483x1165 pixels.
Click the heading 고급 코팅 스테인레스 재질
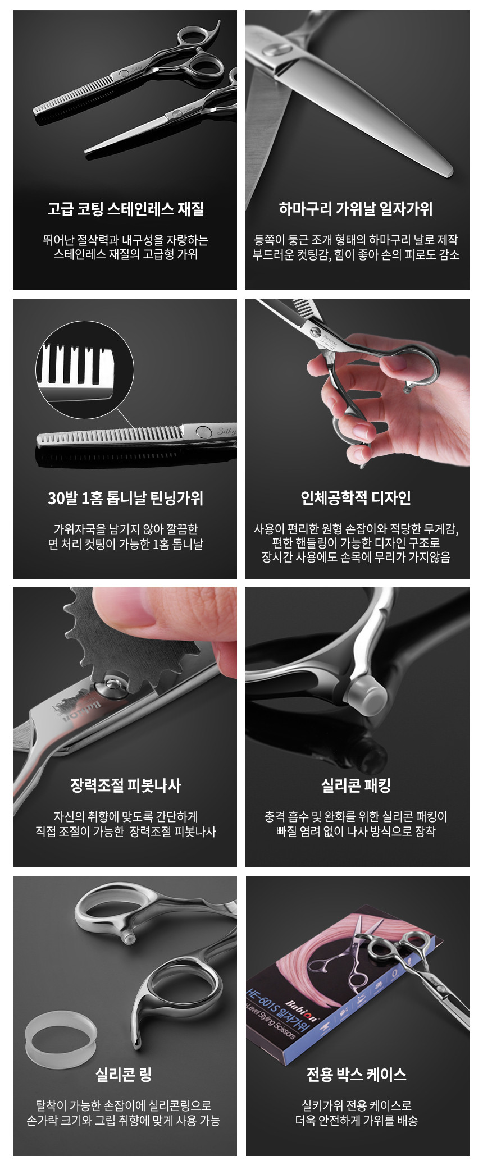(x=125, y=209)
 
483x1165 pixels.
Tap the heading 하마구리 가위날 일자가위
(x=356, y=209)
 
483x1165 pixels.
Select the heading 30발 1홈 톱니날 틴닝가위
(x=125, y=498)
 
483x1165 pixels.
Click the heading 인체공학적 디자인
(x=356, y=498)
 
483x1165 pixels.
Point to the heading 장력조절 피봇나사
(x=125, y=785)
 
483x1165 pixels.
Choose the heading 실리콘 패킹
(x=356, y=785)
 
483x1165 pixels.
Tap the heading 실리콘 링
(x=124, y=1075)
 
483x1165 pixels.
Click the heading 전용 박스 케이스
(x=356, y=1075)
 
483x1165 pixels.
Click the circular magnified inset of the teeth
(x=85, y=369)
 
